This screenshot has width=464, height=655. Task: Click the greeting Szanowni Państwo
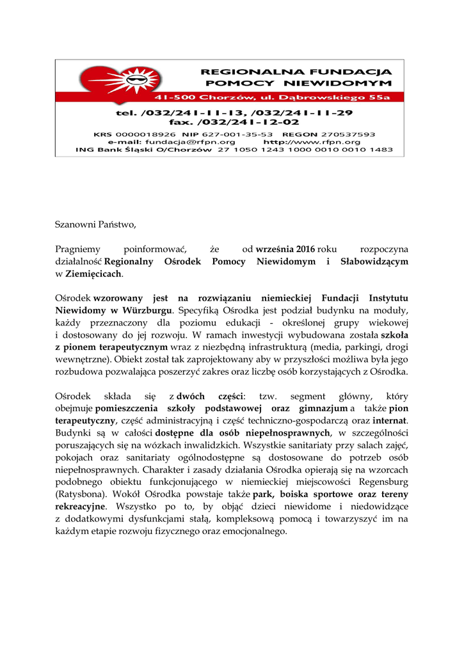click(95, 225)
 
